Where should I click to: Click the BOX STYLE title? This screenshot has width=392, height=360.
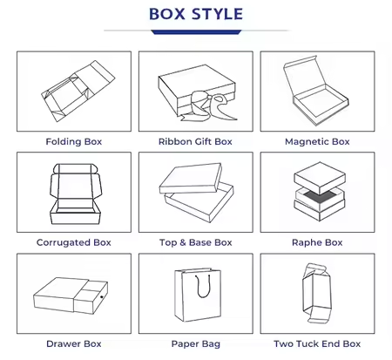(196, 14)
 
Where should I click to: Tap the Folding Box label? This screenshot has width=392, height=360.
(74, 141)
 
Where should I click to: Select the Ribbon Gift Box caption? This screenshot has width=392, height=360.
(195, 141)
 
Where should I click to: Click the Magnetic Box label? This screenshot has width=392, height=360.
(317, 141)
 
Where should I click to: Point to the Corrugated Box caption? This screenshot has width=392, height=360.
(74, 242)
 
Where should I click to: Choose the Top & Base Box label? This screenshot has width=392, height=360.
(196, 242)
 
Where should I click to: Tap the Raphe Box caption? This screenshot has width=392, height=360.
(317, 242)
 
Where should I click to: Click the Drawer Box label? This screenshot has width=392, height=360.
(74, 343)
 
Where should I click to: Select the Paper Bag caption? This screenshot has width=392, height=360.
(196, 343)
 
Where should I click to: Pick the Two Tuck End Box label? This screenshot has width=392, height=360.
(317, 343)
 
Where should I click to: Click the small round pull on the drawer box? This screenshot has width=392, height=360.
(102, 297)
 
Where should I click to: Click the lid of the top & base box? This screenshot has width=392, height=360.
(191, 179)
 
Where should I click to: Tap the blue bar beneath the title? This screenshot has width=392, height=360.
(196, 32)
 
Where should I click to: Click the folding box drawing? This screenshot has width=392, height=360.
(78, 91)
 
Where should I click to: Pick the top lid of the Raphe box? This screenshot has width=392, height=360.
(320, 178)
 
